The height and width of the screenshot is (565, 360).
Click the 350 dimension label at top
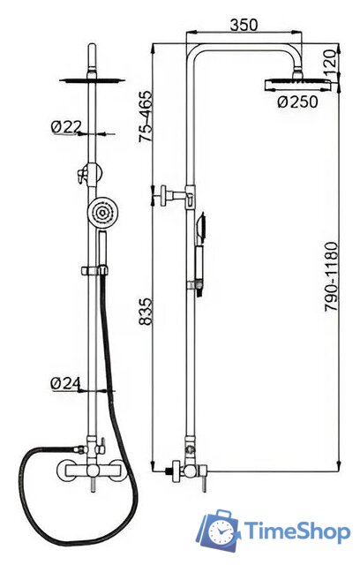244,25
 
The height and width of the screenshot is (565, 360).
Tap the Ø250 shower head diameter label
298,102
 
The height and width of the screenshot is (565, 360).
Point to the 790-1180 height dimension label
332,276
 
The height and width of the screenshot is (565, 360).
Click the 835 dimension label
146,312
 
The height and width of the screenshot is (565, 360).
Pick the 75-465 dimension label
146,117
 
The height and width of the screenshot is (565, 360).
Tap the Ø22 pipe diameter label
66,127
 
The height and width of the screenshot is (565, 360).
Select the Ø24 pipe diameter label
65,383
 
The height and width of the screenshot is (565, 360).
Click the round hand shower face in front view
103,212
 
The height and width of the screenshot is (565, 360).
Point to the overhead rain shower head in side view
297,85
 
